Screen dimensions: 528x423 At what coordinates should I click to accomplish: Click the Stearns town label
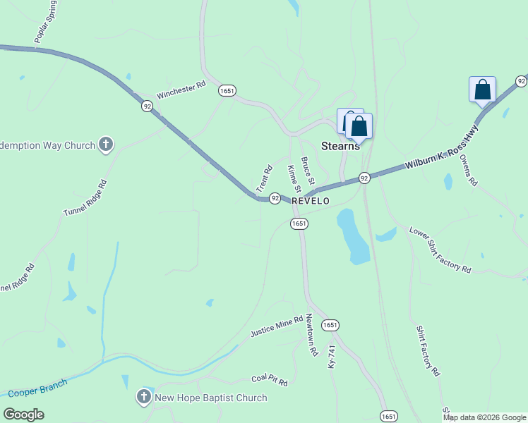340,146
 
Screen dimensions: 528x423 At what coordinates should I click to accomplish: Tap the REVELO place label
311,201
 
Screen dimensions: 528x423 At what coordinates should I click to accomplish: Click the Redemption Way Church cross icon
106,145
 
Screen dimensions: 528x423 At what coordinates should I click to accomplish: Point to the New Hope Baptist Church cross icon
144,397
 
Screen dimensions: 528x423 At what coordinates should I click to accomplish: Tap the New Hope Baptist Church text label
210,398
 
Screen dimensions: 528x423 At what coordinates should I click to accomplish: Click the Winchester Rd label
181,89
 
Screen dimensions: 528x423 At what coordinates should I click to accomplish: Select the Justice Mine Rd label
276,326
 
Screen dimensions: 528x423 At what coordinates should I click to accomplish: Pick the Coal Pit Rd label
270,381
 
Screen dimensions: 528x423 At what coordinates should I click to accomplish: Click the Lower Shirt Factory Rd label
440,250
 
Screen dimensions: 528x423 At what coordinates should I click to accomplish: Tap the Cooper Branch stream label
37,388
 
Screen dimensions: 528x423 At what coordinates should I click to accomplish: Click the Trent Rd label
264,178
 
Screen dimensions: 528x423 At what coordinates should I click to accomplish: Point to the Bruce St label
307,171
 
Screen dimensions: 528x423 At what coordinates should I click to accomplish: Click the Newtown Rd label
311,335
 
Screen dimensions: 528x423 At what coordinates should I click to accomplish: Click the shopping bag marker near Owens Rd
482,90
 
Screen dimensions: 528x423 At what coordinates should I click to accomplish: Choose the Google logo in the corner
23,415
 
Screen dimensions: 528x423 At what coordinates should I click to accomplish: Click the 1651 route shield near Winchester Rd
227,91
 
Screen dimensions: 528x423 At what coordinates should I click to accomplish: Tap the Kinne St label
294,179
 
